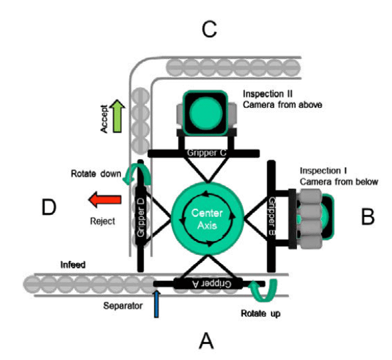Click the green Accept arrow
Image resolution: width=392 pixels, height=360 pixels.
coord(117,116)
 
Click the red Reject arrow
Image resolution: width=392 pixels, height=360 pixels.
coord(105,199)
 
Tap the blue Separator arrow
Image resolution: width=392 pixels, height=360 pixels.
coord(157,304)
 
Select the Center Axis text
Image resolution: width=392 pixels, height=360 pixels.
coord(207,219)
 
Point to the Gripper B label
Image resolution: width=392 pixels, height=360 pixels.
coord(272,216)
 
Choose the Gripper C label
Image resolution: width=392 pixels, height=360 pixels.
coord(207,153)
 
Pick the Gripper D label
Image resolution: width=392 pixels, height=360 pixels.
coord(140,217)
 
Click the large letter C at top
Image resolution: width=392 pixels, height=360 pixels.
coord(209,29)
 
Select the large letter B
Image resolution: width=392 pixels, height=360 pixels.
coord(368,217)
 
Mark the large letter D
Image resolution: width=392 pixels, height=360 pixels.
coord(49,207)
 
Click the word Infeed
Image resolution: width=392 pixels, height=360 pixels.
coord(73,265)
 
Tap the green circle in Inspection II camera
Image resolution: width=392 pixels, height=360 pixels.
coord(206,113)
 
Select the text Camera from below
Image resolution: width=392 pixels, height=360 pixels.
coord(339,182)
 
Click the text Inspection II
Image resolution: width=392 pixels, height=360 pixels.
coord(268,94)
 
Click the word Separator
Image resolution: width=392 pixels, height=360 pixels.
coord(122,306)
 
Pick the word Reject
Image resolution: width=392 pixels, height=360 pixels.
coord(102,221)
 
